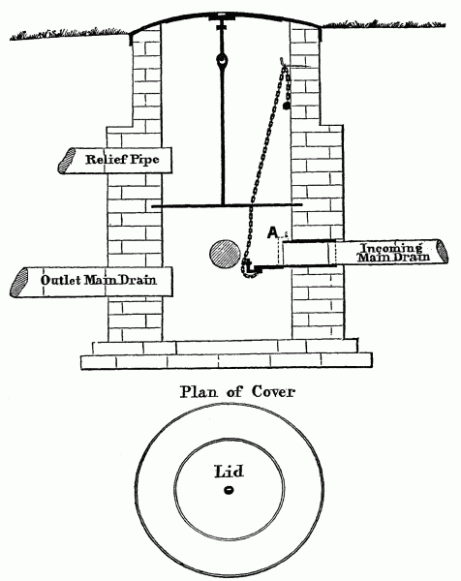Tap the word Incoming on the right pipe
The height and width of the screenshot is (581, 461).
pyautogui.click(x=391, y=249)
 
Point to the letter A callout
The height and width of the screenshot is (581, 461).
pyautogui.click(x=272, y=232)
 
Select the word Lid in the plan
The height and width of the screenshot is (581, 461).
pyautogui.click(x=230, y=472)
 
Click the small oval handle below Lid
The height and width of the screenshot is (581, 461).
pyautogui.click(x=229, y=490)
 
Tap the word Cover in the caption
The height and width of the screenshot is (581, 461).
pyautogui.click(x=274, y=391)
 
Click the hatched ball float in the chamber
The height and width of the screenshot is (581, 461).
pyautogui.click(x=225, y=254)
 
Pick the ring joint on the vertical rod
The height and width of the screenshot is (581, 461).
pyautogui.click(x=223, y=59)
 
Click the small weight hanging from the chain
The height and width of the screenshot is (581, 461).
pyautogui.click(x=286, y=106)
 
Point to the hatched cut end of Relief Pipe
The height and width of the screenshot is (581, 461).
pyautogui.click(x=66, y=161)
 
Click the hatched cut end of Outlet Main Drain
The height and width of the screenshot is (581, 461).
pyautogui.click(x=19, y=282)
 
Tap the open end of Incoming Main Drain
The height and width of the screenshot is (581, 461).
pyautogui.click(x=442, y=252)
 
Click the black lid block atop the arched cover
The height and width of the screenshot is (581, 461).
pyautogui.click(x=223, y=16)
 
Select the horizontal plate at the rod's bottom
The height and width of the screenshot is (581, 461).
pyautogui.click(x=227, y=205)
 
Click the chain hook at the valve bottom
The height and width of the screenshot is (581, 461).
pyautogui.click(x=251, y=270)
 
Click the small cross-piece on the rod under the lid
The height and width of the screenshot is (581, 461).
pyautogui.click(x=223, y=26)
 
